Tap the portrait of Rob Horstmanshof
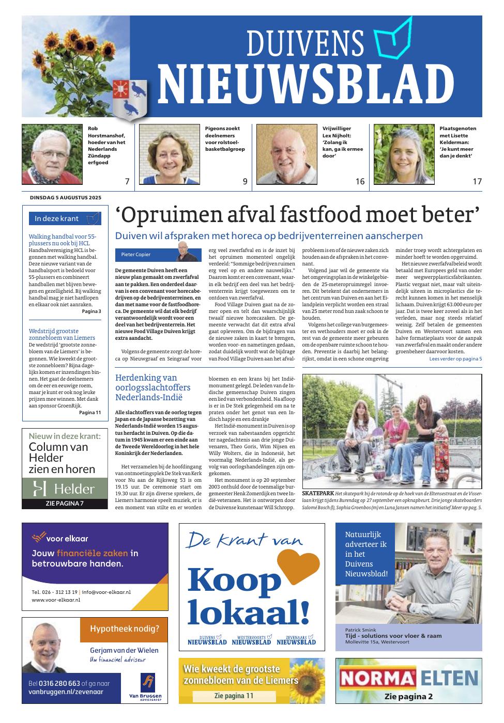tap(52, 154)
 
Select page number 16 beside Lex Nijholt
tap(360, 181)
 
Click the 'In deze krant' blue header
tap(65, 218)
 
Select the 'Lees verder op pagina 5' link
tap(455, 358)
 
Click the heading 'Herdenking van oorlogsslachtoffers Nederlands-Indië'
tap(153, 387)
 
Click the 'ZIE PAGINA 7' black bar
tap(65, 504)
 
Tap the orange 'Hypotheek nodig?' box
tap(124, 629)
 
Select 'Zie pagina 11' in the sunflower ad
tap(234, 696)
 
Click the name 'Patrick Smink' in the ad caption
tap(360, 630)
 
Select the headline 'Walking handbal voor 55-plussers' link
tap(62, 240)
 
